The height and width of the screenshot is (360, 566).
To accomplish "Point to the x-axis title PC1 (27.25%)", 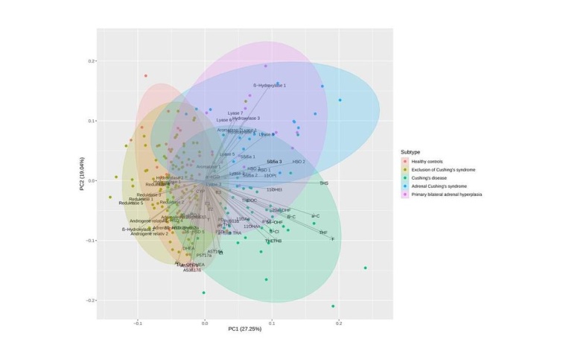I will (238, 329).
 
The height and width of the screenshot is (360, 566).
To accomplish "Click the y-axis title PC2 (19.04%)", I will (81, 181).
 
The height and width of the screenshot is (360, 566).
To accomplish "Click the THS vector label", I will (323, 183).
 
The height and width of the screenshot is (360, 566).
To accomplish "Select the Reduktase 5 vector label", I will (130, 203).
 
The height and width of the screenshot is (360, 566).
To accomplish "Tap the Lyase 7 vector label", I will (235, 113).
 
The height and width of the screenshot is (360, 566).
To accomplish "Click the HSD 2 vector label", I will (299, 162).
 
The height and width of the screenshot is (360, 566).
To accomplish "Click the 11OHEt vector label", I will (274, 190).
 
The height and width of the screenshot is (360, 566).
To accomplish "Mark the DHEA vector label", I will (188, 248).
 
